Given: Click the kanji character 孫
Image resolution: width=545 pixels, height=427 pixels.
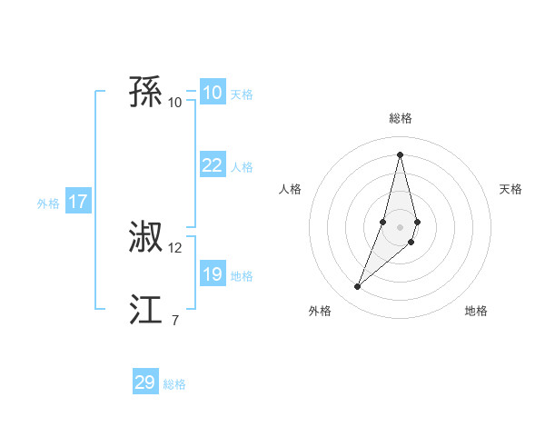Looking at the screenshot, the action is click(x=146, y=93).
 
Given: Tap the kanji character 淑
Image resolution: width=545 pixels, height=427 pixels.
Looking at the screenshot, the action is click(x=146, y=239).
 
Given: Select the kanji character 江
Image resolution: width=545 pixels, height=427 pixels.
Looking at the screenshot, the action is click(x=146, y=310).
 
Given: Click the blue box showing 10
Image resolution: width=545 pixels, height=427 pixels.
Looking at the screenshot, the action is click(x=212, y=93).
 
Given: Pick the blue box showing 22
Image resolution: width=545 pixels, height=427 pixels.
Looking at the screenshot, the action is click(x=212, y=165).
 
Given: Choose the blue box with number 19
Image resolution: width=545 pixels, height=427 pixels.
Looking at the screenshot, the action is click(x=212, y=274).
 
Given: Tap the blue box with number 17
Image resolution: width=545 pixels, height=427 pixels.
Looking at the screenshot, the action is click(x=78, y=202).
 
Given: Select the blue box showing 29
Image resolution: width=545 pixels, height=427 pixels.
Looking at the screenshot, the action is click(x=145, y=382).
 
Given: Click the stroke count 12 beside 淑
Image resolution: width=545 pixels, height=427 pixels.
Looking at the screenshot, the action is click(x=175, y=248).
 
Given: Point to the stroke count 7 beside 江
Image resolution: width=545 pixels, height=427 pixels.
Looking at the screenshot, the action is click(x=175, y=320).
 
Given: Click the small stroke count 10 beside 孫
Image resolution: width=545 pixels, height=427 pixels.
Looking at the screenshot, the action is click(x=175, y=103).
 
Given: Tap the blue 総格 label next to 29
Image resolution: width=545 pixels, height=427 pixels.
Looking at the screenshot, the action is click(x=174, y=384).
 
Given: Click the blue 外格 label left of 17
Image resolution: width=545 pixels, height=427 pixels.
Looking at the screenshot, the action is click(x=48, y=204).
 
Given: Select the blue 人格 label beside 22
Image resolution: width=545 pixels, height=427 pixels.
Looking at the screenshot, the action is click(x=242, y=167).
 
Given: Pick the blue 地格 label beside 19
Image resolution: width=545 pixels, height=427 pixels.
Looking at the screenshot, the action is click(x=242, y=276).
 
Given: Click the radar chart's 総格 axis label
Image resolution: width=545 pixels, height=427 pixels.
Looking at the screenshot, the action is click(x=400, y=118).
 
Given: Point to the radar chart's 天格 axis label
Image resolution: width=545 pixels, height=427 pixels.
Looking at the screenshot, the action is click(x=510, y=189).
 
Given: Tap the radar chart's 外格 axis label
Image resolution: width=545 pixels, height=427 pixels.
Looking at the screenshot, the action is click(x=320, y=311).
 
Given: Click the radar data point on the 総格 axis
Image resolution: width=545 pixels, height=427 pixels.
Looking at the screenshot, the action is click(x=400, y=154).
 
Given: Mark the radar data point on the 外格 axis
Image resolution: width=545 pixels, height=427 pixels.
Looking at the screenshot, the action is click(x=357, y=287).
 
